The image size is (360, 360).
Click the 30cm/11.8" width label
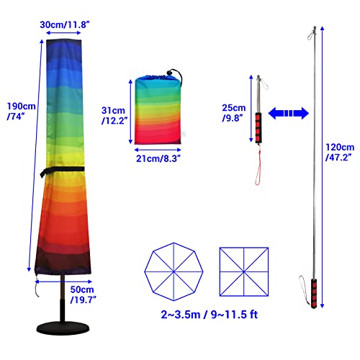[65, 24]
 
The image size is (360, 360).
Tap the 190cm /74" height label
[21, 111]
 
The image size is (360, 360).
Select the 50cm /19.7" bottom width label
[83, 294]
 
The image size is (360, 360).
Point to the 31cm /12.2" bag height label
[114, 115]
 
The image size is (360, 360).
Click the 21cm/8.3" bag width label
[158, 158]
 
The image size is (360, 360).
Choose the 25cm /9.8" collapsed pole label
[234, 113]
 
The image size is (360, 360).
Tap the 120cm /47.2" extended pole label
[340, 152]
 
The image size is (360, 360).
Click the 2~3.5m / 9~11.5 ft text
[210, 315]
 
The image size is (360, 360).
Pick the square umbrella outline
[220, 272]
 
